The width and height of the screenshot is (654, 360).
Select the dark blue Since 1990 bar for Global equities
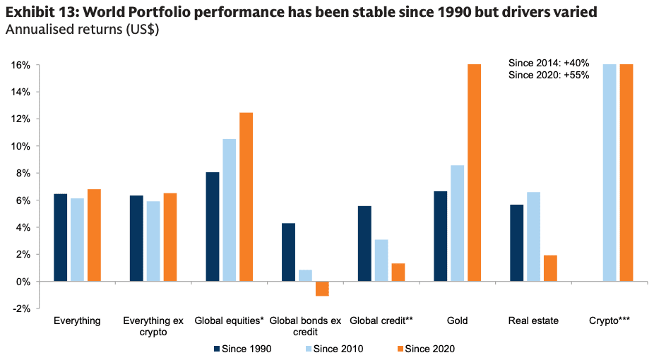coord(212,227)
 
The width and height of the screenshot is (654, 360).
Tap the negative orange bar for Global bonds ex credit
coord(322,288)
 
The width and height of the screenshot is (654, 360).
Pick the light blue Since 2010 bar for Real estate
coord(534,236)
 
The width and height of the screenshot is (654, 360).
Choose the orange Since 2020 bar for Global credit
coord(398,272)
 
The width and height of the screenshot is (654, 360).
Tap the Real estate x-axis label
coord(533,320)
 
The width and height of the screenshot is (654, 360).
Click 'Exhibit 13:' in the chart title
coord(41,12)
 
